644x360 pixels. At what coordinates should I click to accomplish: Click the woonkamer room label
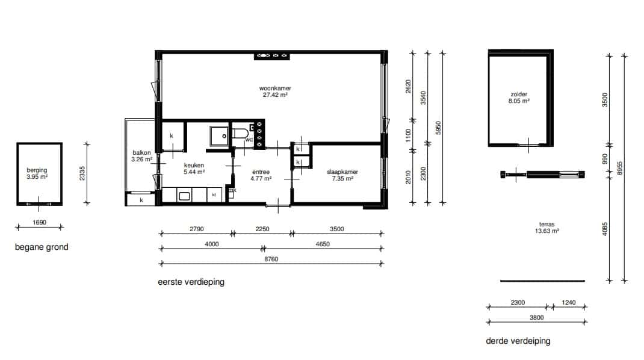pos(275,88)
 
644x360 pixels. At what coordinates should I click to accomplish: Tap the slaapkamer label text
pos(342,172)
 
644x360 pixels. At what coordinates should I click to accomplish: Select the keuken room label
pos(194,165)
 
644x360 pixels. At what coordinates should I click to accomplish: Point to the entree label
pos(261,172)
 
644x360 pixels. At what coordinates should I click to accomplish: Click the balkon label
pos(141,153)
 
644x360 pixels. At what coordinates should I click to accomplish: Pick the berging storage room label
pos(37,170)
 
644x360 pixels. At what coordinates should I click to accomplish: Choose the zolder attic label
pos(519,94)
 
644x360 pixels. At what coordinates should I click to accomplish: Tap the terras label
pos(546,225)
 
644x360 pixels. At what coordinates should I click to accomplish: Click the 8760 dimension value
pos(271,259)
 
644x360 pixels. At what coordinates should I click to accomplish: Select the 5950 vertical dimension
pos(438,128)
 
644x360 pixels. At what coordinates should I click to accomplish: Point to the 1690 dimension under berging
pos(40,222)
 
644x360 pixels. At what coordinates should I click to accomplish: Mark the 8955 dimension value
pos(620,168)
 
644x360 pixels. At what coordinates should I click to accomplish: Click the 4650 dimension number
pos(323,244)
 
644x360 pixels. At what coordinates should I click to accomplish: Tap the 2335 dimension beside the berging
pos(82,173)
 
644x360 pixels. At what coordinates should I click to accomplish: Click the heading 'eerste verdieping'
pos(191,282)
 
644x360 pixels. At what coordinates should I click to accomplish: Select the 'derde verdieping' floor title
pos(518,341)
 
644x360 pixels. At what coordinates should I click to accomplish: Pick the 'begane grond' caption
pos(42,247)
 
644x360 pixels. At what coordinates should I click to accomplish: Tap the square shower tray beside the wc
pos(219,137)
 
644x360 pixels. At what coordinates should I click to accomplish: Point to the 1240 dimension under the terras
pos(568,302)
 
